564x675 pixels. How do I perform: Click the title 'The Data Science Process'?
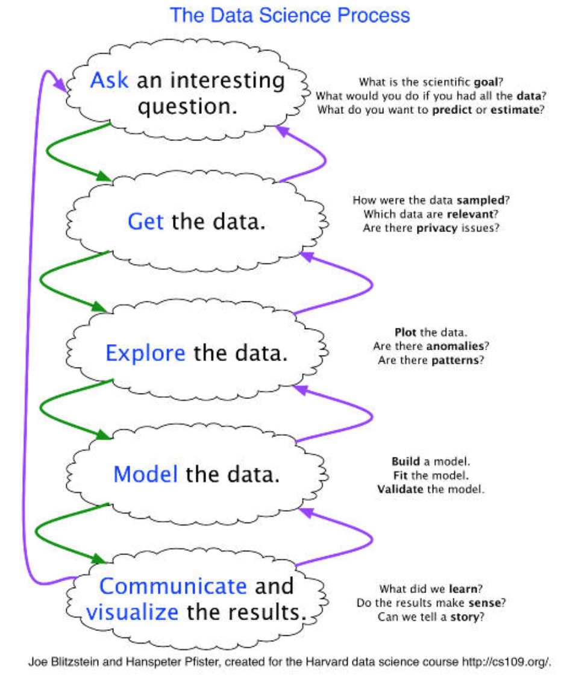click(x=290, y=14)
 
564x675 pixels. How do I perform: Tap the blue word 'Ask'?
click(x=109, y=80)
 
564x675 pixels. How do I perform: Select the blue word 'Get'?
click(x=145, y=222)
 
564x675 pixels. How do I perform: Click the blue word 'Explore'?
click(x=145, y=353)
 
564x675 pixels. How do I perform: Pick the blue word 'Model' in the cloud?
click(x=145, y=474)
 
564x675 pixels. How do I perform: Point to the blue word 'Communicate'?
click(x=173, y=586)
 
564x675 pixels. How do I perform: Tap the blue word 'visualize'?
click(x=132, y=612)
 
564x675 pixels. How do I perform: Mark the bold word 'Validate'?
click(x=401, y=489)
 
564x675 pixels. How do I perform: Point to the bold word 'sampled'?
click(x=480, y=201)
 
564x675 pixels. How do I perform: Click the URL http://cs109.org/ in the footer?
click(x=506, y=661)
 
